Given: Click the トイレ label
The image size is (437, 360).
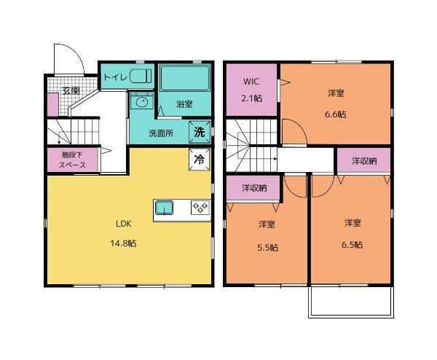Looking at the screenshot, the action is click(115, 77).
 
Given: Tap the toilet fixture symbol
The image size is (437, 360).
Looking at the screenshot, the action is click(141, 76).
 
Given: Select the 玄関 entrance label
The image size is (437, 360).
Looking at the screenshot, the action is click(71, 90).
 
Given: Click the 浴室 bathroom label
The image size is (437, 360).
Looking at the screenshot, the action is click(184, 104).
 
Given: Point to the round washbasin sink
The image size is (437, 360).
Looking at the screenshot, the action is click(142, 102).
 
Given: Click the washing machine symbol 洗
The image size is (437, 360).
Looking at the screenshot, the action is click(200, 132).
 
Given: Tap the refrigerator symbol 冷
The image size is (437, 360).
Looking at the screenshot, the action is click(200, 159).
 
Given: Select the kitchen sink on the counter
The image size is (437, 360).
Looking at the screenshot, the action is click(164, 208).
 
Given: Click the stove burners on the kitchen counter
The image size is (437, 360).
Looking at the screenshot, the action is click(200, 208).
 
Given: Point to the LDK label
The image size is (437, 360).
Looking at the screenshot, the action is click(124, 224).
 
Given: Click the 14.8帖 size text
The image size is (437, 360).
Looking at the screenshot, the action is click(124, 243).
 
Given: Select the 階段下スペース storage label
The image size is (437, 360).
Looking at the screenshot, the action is click(72, 160).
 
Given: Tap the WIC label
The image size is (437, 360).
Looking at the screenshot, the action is click(251, 82).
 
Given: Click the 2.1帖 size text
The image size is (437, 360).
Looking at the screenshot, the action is click(251, 98).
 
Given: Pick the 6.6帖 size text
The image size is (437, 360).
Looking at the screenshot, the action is click(336, 114).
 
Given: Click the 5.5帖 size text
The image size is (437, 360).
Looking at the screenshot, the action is click(267, 247).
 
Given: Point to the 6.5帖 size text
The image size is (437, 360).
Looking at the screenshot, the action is click(353, 245).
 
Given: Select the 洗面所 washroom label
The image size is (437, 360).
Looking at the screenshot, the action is click(161, 133).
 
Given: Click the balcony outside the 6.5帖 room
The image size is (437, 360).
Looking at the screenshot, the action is click(351, 302).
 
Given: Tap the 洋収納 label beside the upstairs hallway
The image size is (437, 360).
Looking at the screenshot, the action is click(364, 161).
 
